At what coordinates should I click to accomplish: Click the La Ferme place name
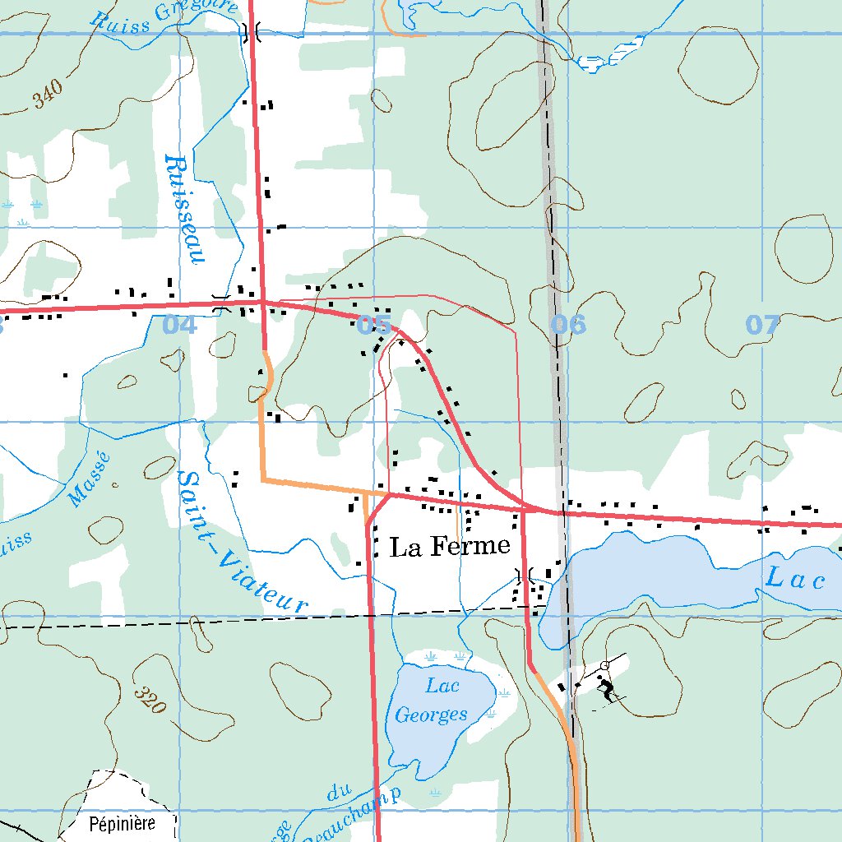click(450, 547)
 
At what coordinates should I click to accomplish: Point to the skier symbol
click(607, 689)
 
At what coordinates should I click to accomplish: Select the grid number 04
click(180, 325)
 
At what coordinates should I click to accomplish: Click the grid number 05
click(374, 325)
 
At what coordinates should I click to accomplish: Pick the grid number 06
click(569, 325)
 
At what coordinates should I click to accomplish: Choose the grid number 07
click(762, 325)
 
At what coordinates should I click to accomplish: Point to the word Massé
click(89, 481)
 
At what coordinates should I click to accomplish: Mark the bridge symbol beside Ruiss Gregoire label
click(251, 32)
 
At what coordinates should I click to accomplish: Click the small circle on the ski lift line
click(604, 664)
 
